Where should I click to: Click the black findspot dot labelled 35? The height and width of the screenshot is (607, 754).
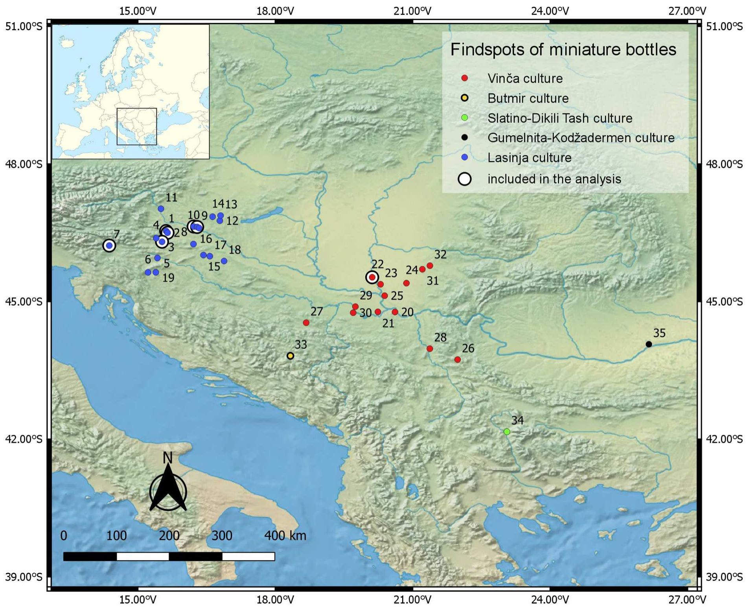pyautogui.click(x=649, y=344)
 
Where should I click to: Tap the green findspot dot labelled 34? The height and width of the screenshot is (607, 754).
pyautogui.click(x=507, y=432)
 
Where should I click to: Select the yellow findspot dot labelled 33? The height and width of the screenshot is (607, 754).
pyautogui.click(x=290, y=356)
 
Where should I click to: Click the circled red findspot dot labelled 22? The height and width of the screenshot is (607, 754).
pyautogui.click(x=372, y=277)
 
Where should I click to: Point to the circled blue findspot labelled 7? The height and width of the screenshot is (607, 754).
pyautogui.click(x=109, y=245)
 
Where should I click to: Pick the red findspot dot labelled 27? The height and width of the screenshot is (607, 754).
pyautogui.click(x=306, y=323)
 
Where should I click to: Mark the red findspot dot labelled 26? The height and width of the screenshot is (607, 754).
pyautogui.click(x=457, y=360)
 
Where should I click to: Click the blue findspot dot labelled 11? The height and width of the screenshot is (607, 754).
pyautogui.click(x=161, y=209)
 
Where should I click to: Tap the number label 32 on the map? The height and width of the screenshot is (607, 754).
pyautogui.click(x=440, y=255)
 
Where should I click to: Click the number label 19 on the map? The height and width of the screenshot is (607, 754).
pyautogui.click(x=168, y=278)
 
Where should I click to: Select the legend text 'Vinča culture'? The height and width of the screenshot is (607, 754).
pyautogui.click(x=525, y=78)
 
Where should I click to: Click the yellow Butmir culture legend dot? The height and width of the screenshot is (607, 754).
pyautogui.click(x=465, y=98)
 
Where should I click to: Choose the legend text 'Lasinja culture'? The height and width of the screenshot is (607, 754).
pyautogui.click(x=529, y=157)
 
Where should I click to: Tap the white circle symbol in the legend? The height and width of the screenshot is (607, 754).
pyautogui.click(x=465, y=179)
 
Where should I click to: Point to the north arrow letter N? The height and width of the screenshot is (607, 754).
pyautogui.click(x=168, y=458)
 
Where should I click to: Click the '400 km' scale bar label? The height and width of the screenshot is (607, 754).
pyautogui.click(x=285, y=535)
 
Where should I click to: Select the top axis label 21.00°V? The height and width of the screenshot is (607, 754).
pyautogui.click(x=412, y=11)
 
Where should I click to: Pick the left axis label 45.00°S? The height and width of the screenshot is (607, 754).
pyautogui.click(x=24, y=302)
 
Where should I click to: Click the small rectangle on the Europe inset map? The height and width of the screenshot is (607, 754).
pyautogui.click(x=137, y=127)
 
